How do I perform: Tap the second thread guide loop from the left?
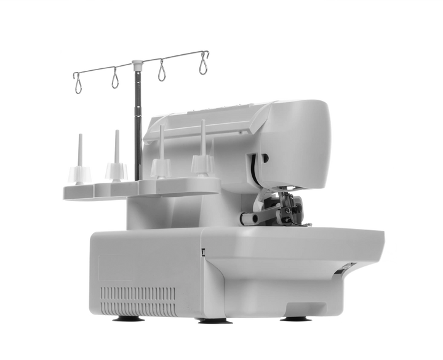click(114, 78)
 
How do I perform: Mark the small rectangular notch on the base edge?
click(204, 250)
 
